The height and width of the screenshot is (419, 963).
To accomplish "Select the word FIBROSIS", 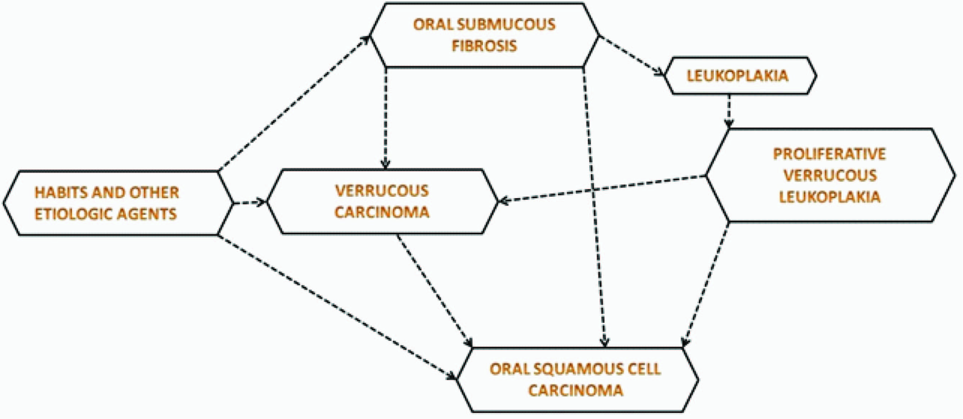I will pyautogui.click(x=484, y=46).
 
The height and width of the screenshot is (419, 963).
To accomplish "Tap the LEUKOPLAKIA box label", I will pyautogui.click(x=737, y=76).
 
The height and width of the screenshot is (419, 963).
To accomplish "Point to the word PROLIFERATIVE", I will pyautogui.click(x=829, y=154).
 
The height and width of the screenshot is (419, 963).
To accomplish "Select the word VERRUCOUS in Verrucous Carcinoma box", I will pyautogui.click(x=382, y=191).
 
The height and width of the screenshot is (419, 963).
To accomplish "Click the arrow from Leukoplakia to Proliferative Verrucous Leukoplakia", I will pyautogui.click(x=729, y=111).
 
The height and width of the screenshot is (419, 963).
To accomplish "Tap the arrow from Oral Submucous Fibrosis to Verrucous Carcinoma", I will pyautogui.click(x=385, y=118).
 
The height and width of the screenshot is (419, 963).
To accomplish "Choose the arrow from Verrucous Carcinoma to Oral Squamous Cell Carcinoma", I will pyautogui.click(x=434, y=290).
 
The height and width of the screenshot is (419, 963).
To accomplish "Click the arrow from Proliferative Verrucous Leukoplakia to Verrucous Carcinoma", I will pyautogui.click(x=602, y=188).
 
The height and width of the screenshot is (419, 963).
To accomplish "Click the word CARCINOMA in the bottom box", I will pyautogui.click(x=576, y=391).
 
